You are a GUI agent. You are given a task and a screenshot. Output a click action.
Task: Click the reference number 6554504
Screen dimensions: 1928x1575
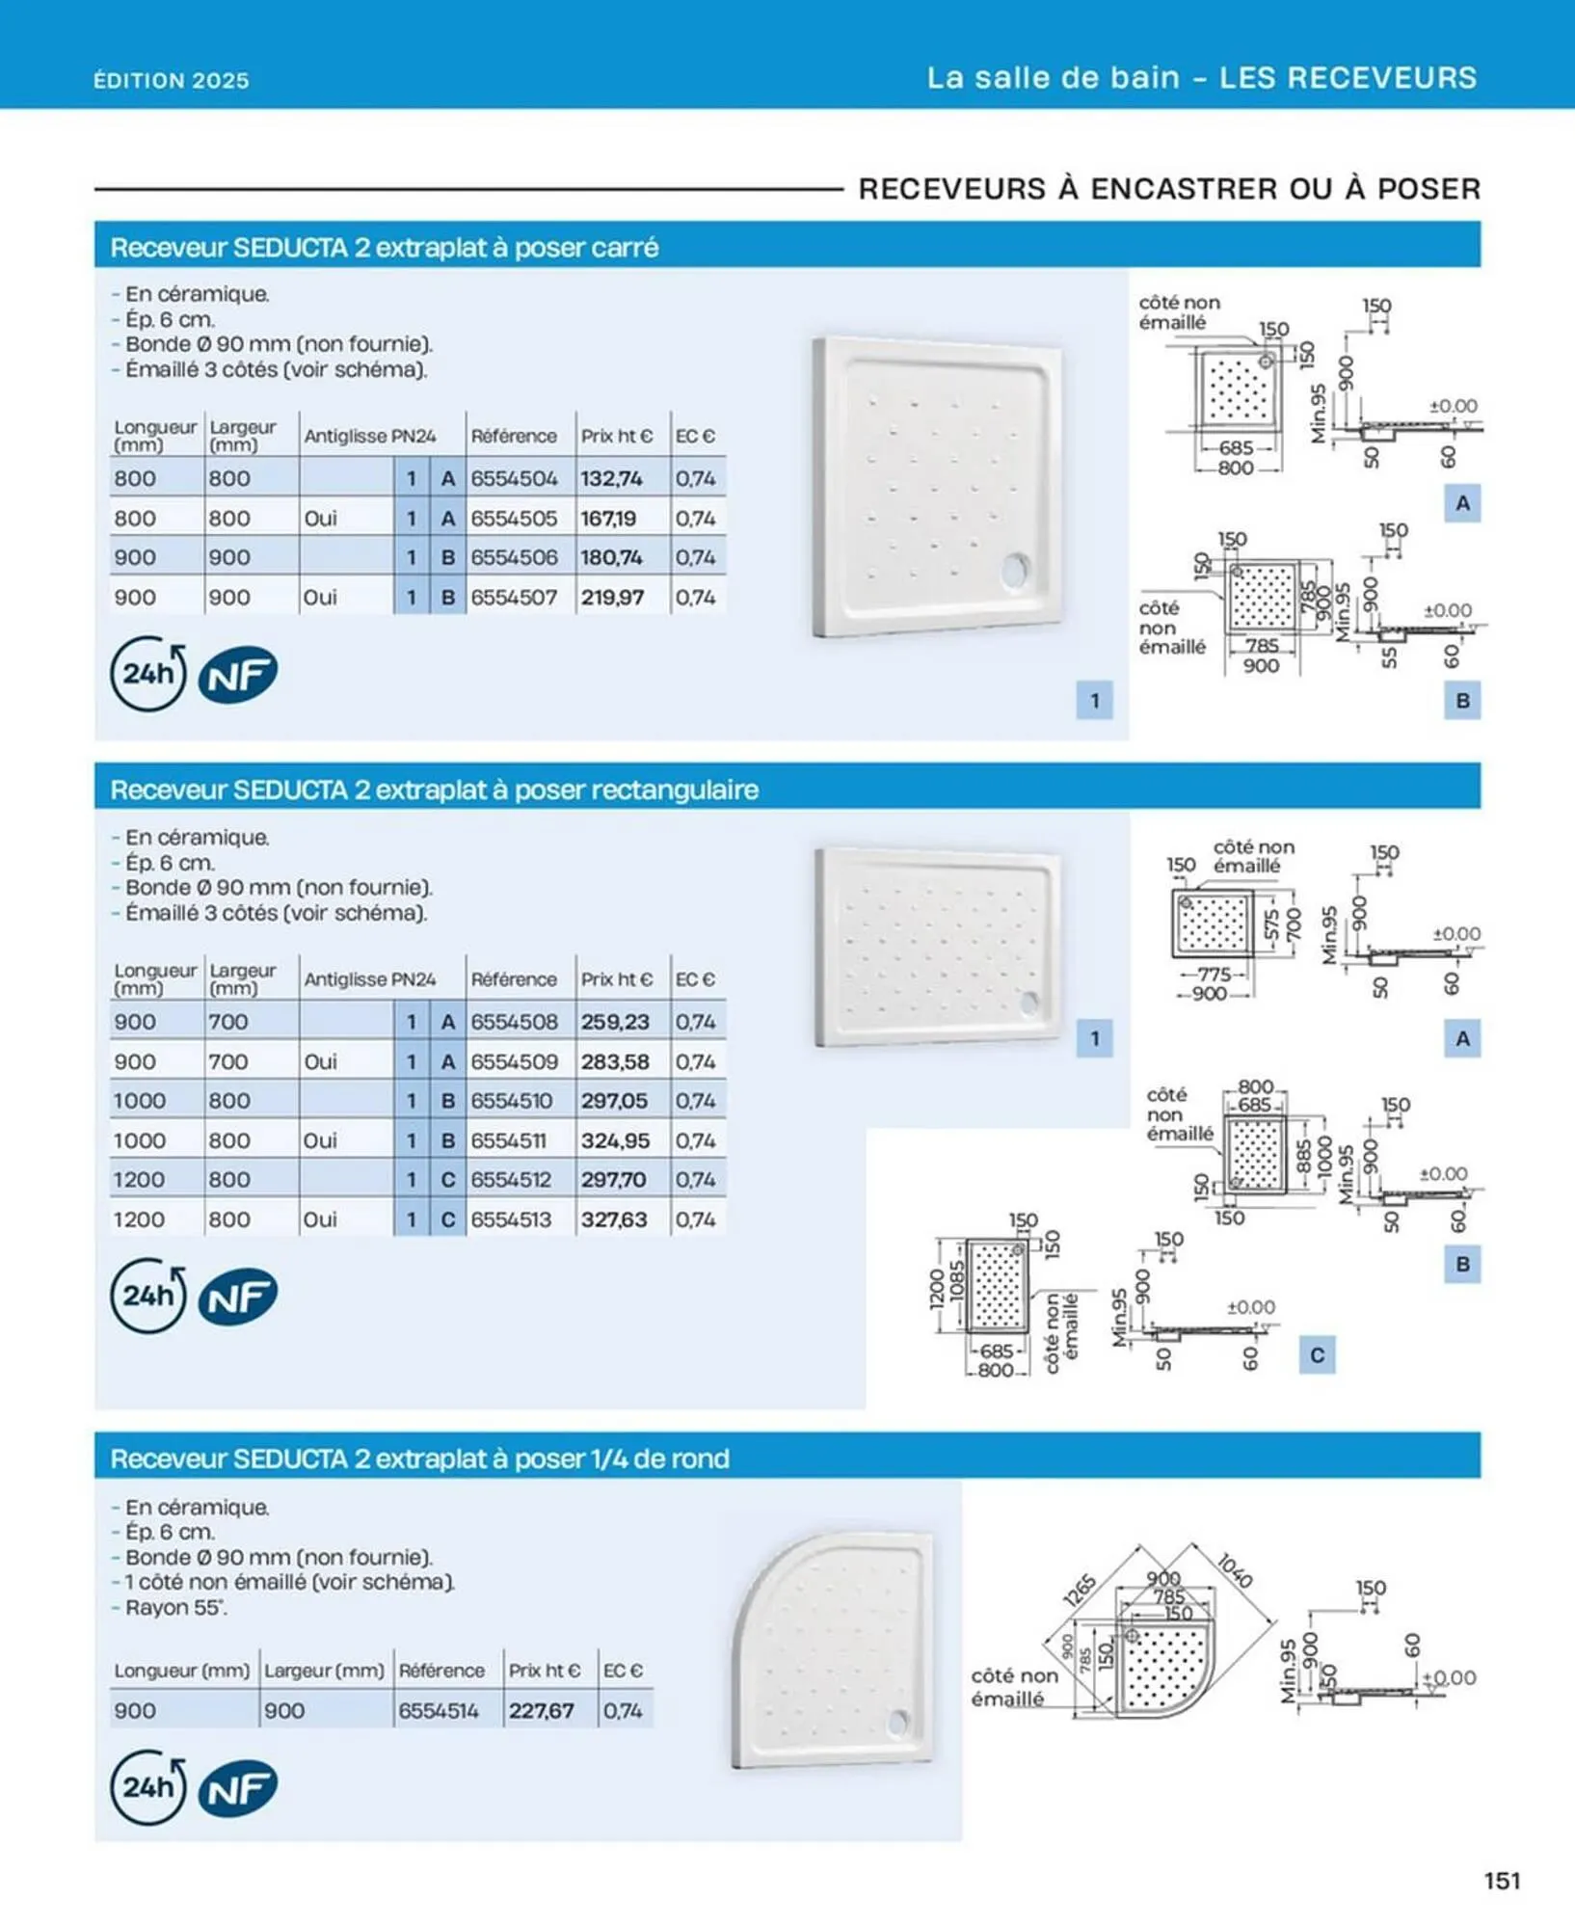tap(514, 478)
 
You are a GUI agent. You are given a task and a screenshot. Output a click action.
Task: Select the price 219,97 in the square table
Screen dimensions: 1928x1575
tap(612, 598)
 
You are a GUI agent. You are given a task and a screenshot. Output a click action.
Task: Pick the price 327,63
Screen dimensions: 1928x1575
tap(614, 1219)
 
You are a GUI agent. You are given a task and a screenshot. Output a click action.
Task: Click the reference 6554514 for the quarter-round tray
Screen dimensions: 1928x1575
tap(439, 1711)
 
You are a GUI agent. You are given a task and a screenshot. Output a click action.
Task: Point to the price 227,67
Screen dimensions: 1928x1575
tap(542, 1711)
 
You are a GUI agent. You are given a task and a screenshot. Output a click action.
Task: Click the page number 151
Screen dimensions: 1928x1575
tap(1502, 1881)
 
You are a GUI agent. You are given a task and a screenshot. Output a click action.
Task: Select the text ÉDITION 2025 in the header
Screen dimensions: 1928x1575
tap(172, 80)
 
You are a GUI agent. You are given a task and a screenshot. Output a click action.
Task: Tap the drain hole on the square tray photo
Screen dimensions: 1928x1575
tap(1016, 570)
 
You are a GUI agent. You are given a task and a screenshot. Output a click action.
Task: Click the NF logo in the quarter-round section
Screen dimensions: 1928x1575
tap(238, 1789)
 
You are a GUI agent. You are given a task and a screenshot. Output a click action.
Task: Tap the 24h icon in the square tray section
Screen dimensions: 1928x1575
tap(147, 674)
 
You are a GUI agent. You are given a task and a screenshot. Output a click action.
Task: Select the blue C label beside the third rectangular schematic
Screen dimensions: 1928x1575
tap(1317, 1355)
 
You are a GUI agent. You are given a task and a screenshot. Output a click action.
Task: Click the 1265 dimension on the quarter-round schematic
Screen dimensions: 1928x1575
tap(1080, 1590)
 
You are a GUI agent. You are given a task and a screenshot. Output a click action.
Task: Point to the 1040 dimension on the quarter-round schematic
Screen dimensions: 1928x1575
tap(1235, 1570)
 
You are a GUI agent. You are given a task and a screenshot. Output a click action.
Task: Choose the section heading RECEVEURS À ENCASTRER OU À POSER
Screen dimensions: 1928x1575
tap(1169, 189)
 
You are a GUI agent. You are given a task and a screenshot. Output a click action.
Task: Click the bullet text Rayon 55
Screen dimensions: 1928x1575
tap(174, 1608)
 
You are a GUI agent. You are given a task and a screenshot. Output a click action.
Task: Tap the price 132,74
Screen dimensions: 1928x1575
tap(611, 478)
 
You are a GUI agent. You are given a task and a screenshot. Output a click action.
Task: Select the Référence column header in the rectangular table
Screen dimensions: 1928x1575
tap(514, 979)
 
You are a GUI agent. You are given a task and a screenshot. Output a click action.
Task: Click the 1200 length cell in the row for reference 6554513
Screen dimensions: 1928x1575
tap(139, 1219)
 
